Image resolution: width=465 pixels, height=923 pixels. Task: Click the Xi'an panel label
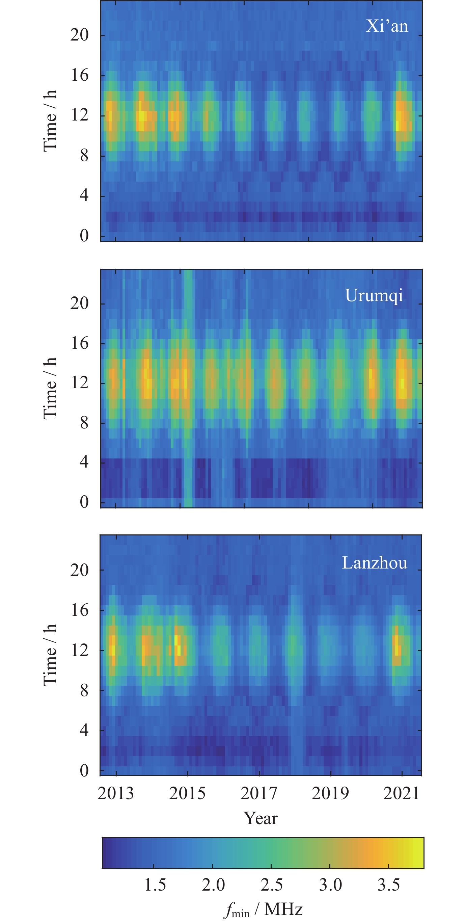point(387,26)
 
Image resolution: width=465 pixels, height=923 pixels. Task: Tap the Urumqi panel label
point(374,295)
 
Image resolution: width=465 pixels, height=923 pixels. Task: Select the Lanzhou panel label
point(374,562)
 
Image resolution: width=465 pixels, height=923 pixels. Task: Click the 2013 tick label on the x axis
point(115,793)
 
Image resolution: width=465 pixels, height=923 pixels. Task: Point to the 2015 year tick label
point(187,793)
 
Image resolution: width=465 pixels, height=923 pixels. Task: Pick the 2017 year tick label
point(258,793)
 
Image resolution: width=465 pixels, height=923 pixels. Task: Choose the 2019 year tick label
point(330,793)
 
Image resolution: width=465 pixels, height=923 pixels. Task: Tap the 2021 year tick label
point(401,793)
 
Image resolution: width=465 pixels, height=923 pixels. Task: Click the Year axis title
point(261,818)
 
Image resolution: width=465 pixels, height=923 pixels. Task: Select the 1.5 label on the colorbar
point(155,885)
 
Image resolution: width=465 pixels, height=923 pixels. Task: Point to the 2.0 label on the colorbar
point(213,885)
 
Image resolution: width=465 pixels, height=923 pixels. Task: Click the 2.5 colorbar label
point(272,885)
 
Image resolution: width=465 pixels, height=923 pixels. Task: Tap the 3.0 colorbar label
point(330,885)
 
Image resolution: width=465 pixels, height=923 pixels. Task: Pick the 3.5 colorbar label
point(389,885)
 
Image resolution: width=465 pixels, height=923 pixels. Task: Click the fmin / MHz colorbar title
point(263,909)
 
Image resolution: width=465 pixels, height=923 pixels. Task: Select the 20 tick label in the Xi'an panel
point(79,35)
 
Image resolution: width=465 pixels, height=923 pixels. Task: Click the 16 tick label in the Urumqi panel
point(79,343)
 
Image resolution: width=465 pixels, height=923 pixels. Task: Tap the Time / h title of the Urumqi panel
point(50,388)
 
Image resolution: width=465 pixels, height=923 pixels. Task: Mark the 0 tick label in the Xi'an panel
point(84,236)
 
